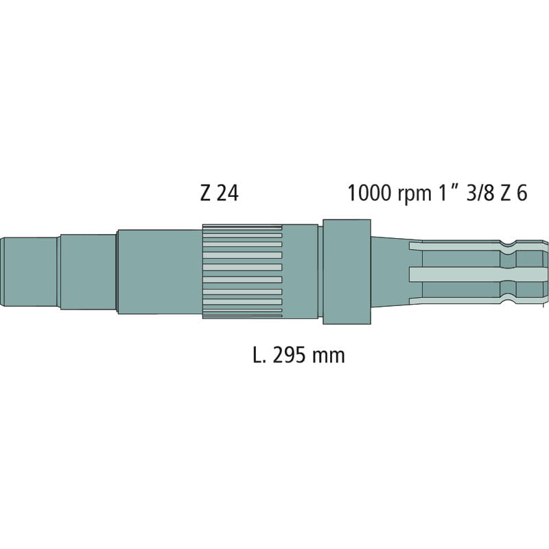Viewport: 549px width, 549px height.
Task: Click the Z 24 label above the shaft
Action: click(219, 194)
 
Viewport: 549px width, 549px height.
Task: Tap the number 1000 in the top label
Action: click(370, 194)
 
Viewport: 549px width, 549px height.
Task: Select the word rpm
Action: click(414, 196)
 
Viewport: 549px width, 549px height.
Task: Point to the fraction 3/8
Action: click(480, 194)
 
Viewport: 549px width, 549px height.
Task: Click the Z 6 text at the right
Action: click(513, 194)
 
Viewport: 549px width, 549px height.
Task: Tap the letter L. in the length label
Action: click(260, 355)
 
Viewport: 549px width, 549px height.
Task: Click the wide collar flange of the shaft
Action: click(347, 272)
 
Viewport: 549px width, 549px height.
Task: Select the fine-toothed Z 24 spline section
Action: click(242, 272)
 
